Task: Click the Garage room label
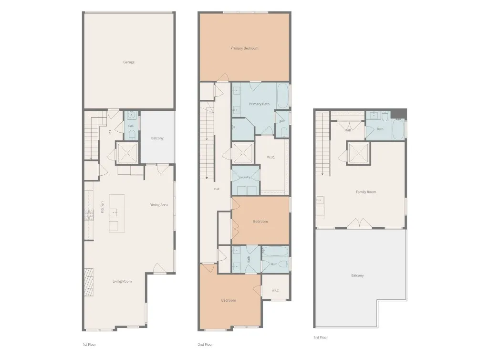[x=129, y=62]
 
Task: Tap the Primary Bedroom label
[x=244, y=48]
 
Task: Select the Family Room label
[x=366, y=192]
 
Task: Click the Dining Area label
[x=158, y=205]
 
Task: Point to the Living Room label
[x=122, y=281]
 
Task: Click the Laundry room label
[x=245, y=177]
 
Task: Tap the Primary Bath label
[x=260, y=104]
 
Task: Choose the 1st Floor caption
[x=89, y=344]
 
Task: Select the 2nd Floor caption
[x=205, y=344]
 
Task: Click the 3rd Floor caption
[x=321, y=338]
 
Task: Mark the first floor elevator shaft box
[x=127, y=153]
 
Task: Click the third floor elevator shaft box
[x=359, y=153]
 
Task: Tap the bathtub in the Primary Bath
[x=282, y=96]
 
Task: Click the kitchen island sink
[x=114, y=212]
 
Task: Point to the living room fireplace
[x=89, y=283]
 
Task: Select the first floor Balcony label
[x=157, y=138]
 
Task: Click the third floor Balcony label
[x=357, y=275]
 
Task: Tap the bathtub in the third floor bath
[x=398, y=129]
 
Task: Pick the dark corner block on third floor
[x=399, y=114]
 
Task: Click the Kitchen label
[x=102, y=207]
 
